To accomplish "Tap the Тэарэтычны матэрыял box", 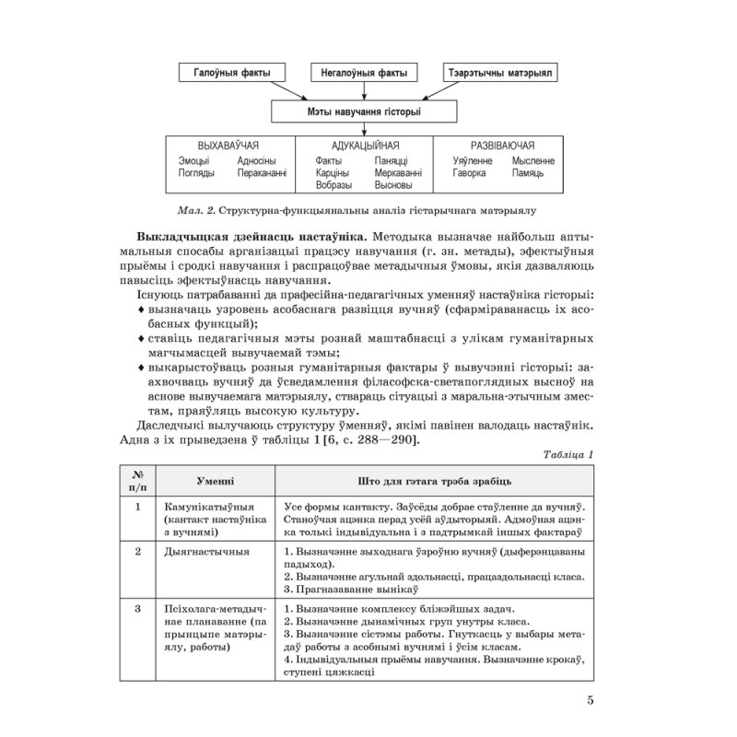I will click(500, 74).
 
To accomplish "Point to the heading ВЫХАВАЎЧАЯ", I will click(228, 146).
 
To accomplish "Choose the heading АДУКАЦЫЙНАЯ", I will click(365, 146).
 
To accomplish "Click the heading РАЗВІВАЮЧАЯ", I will click(502, 146).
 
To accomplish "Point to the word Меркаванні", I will click(399, 172).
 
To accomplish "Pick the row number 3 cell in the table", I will click(137, 608).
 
